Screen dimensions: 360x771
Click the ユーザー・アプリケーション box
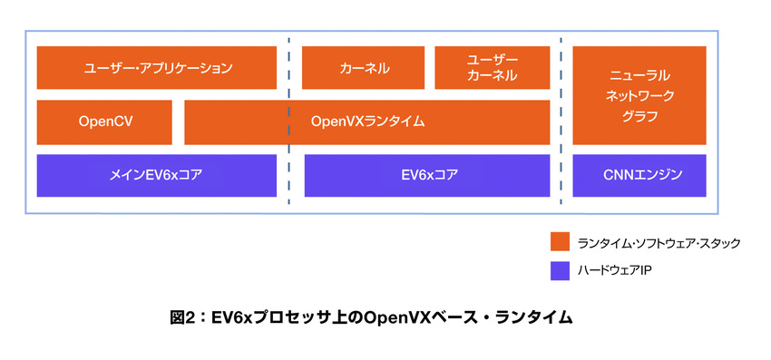[157, 67]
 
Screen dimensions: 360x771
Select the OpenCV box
[104, 122]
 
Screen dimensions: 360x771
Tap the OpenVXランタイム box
[367, 122]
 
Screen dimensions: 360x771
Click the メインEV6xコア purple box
[157, 176]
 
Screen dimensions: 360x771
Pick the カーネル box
[364, 67]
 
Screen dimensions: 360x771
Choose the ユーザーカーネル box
[492, 67]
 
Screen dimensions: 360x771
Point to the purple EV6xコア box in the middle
[427, 176]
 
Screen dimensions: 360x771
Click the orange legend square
[560, 242]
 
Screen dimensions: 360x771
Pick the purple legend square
[560, 270]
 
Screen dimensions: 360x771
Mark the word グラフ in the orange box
[640, 117]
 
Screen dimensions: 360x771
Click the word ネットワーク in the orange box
[640, 93]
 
